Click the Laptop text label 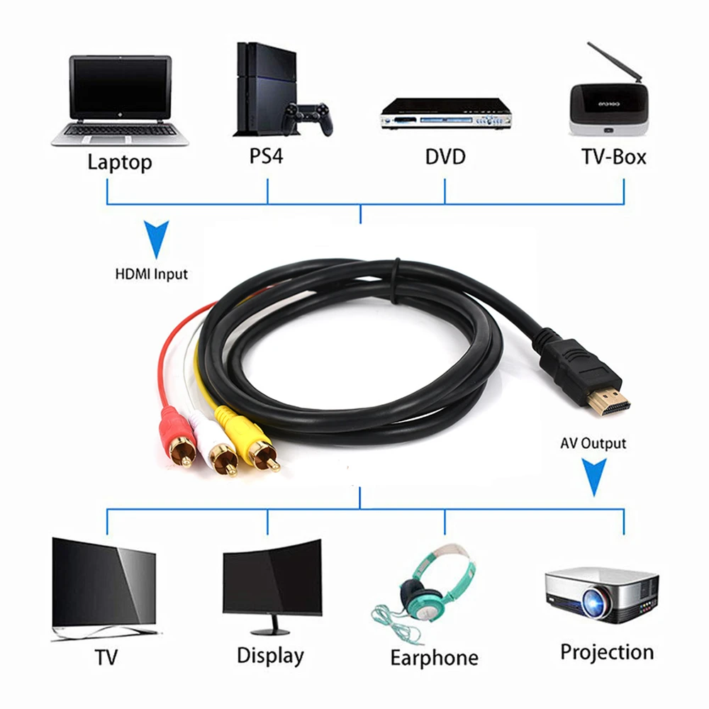119,162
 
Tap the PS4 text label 266,156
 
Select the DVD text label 445,157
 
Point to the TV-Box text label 614,157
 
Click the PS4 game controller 307,118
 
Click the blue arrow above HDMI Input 156,240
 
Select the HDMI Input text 152,273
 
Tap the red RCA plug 174,434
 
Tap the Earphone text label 434,657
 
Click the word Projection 607,652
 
